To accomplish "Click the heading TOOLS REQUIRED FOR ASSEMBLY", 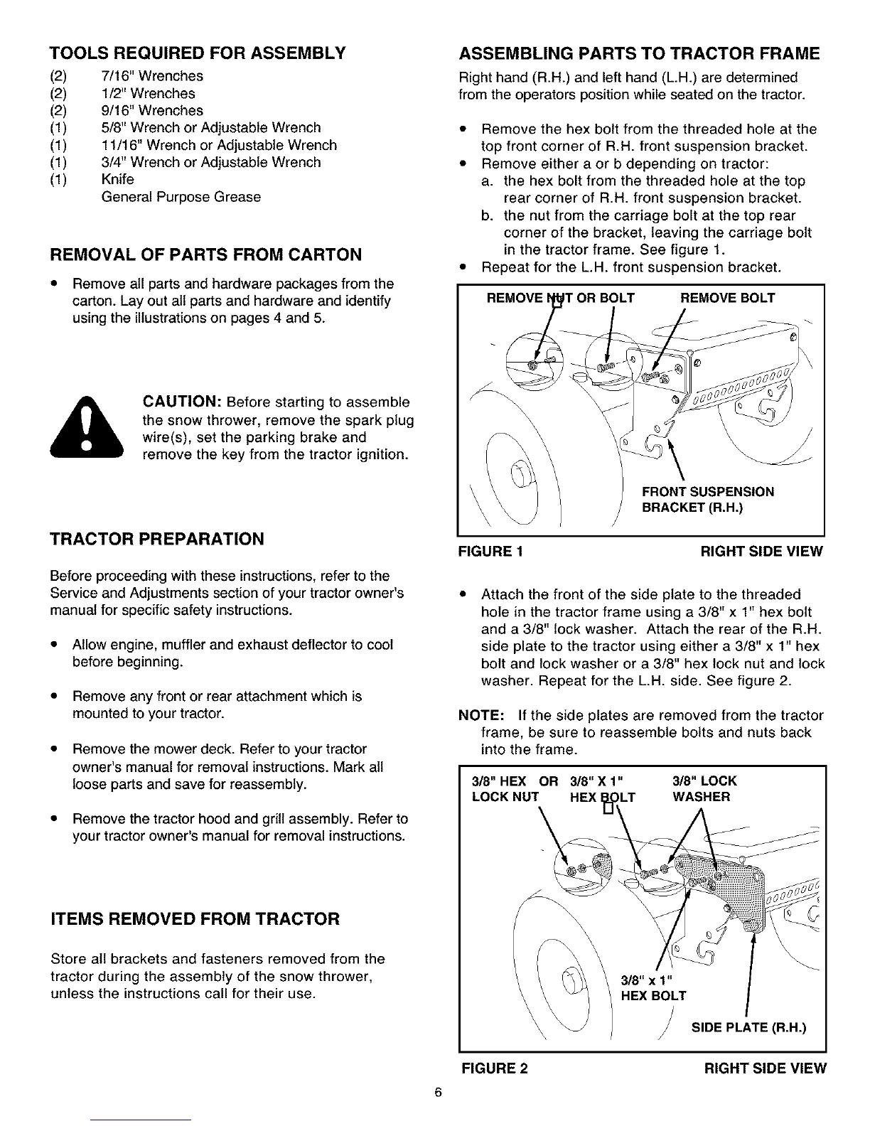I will click(197, 53).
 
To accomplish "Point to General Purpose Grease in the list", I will click(181, 197).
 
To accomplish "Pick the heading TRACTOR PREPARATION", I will click(157, 539).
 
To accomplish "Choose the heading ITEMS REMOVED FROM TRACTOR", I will click(195, 919).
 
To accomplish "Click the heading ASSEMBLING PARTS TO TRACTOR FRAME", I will click(640, 54).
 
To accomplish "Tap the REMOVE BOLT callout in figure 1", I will click(727, 298).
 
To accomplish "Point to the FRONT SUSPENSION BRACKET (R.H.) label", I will click(708, 500).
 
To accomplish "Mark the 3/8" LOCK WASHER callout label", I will click(704, 789).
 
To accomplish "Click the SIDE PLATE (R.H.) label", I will click(748, 1027).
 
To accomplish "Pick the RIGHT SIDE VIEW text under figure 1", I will click(761, 551).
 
